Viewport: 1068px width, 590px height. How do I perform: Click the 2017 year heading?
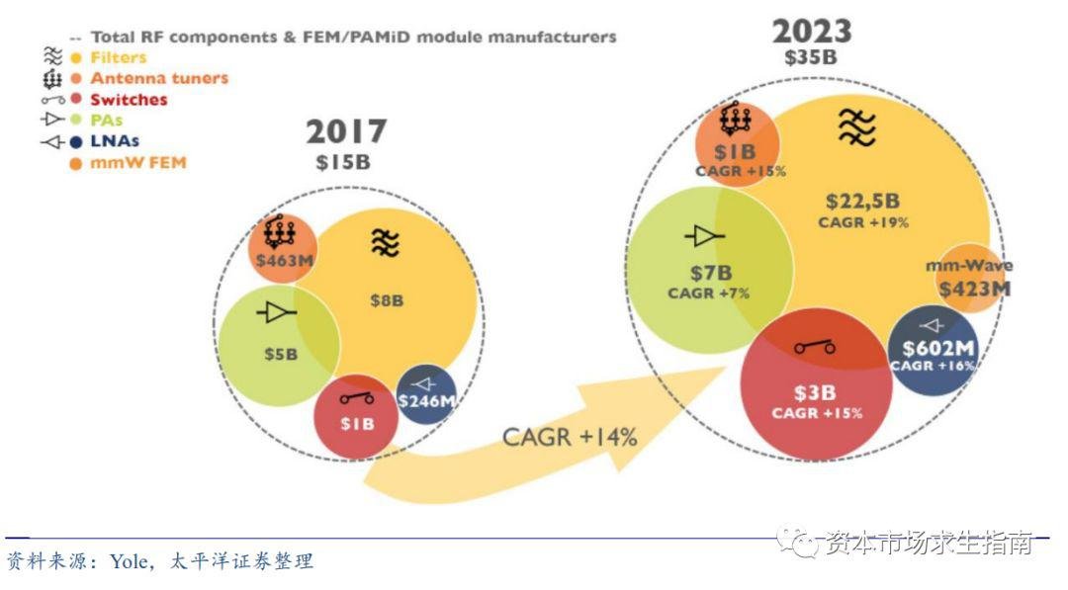pyautogui.click(x=346, y=131)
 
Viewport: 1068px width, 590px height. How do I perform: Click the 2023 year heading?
pyautogui.click(x=812, y=32)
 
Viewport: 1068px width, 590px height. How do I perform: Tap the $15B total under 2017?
pyautogui.click(x=343, y=163)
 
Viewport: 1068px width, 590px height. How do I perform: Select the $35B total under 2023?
pyautogui.click(x=811, y=57)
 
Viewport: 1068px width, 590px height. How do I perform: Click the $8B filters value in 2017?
pyautogui.click(x=387, y=300)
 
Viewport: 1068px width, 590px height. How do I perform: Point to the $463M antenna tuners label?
pyautogui.click(x=285, y=260)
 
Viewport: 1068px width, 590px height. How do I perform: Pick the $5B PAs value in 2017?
pyautogui.click(x=281, y=354)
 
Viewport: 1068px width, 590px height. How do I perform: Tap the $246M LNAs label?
pyautogui.click(x=426, y=401)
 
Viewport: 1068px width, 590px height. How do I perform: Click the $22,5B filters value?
pyautogui.click(x=863, y=201)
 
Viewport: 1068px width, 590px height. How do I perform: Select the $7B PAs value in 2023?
pyautogui.click(x=711, y=273)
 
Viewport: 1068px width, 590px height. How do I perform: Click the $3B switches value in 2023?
pyautogui.click(x=815, y=392)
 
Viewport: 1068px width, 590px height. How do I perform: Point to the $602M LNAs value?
pyautogui.click(x=938, y=349)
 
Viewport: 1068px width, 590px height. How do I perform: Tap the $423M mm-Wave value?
pyautogui.click(x=975, y=290)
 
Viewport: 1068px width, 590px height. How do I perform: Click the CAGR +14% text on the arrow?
pyautogui.click(x=570, y=437)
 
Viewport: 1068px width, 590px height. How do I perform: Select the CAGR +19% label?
pyautogui.click(x=863, y=222)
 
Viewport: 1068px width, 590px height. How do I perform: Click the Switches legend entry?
pyautogui.click(x=129, y=100)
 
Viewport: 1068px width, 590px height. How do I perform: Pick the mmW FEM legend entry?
pyautogui.click(x=138, y=163)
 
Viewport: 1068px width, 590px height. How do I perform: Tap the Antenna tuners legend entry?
pyautogui.click(x=159, y=78)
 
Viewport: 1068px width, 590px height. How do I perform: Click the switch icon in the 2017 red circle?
pyautogui.click(x=357, y=397)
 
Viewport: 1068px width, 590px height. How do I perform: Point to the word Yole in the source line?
pyautogui.click(x=129, y=561)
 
